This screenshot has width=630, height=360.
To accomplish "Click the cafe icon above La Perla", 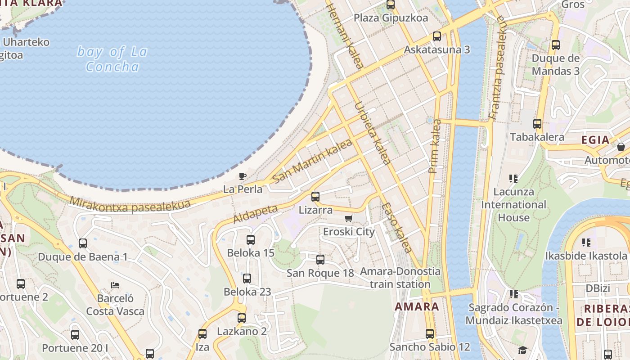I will point(243,176).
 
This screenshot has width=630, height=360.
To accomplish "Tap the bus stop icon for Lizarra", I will point(315,197).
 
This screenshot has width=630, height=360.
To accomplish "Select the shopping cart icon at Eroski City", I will point(348,219).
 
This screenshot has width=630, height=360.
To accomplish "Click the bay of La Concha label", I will point(112,59).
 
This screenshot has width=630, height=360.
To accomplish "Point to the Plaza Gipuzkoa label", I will point(390,18).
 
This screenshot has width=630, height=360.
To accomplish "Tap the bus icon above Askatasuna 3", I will point(436,36).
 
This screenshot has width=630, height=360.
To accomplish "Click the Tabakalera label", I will point(537,137).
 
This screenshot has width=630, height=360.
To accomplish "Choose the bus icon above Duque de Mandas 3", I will point(556,45).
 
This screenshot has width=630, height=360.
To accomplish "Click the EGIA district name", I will point(595,140).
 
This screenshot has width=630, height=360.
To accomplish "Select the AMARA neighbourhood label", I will point(417,307).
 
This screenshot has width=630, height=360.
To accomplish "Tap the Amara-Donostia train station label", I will point(400,278).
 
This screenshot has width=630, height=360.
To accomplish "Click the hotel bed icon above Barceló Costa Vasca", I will point(115,285).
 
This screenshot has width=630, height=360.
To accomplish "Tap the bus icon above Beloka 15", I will point(251,240).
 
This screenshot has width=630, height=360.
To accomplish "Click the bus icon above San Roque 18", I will point(320,260).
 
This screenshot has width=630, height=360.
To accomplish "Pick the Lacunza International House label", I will point(513,205).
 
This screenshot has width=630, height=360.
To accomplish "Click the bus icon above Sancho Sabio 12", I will point(430,334).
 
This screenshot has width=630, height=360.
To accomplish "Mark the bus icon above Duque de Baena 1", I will point(83,243).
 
